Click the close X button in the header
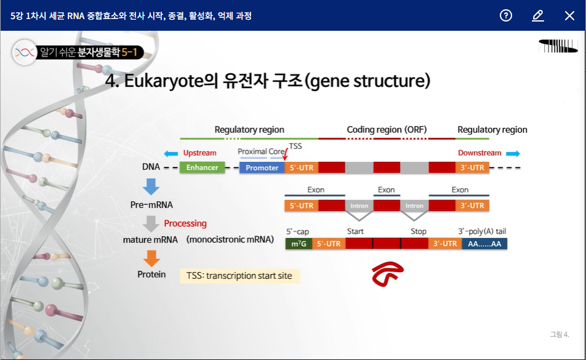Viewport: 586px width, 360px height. [x=569, y=16]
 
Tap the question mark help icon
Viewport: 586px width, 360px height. [x=506, y=16]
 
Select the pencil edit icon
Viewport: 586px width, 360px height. [x=538, y=16]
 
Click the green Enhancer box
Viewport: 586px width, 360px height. [x=203, y=167]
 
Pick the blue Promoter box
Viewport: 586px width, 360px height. [x=262, y=167]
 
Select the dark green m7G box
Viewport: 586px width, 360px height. [x=299, y=244]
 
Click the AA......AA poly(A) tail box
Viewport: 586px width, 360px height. [x=484, y=244]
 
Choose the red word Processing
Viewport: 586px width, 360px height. [x=185, y=223]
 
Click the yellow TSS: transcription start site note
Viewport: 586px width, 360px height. [x=239, y=276]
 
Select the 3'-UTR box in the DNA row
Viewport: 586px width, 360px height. [x=472, y=167]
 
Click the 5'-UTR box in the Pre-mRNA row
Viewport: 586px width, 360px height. [x=301, y=206]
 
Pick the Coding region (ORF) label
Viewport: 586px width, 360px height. [x=387, y=130]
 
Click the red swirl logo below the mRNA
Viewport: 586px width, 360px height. [x=387, y=274]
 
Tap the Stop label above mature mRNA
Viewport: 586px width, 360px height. [x=419, y=231]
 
